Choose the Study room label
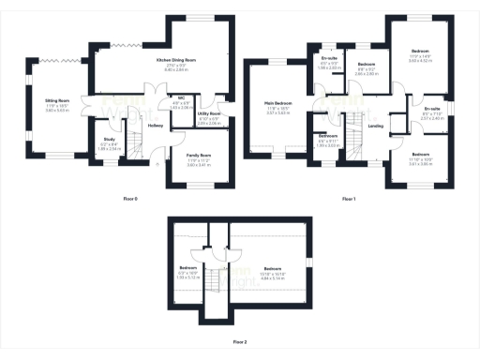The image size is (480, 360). click(x=109, y=142)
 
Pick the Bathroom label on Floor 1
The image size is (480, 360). click(x=328, y=137)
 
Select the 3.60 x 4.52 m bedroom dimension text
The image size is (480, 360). click(x=418, y=59)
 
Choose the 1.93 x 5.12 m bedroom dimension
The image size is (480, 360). click(x=190, y=277)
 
